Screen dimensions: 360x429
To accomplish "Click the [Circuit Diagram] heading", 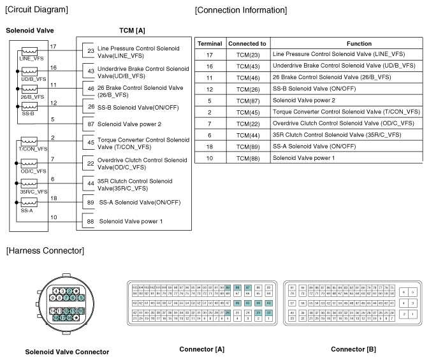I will pyautogui.click(x=36, y=10).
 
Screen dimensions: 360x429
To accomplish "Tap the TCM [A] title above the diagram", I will pyautogui.click(x=132, y=31).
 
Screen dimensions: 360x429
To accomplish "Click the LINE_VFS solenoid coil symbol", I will pyautogui.click(x=29, y=51).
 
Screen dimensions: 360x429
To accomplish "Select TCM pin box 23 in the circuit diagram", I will pyautogui.click(x=91, y=51).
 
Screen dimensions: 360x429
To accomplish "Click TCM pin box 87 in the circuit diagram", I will pyautogui.click(x=91, y=124).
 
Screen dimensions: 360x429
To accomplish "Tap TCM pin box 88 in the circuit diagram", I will pyautogui.click(x=91, y=221).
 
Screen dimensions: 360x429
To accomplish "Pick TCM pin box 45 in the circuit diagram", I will pyautogui.click(x=91, y=143).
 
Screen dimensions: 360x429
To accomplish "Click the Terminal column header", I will pyautogui.click(x=210, y=43).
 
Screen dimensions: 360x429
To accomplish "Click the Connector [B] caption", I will pyautogui.click(x=353, y=349).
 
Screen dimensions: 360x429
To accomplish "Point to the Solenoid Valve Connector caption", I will pyautogui.click(x=67, y=352).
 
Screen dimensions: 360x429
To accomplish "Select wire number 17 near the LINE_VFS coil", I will pyautogui.click(x=54, y=47).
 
